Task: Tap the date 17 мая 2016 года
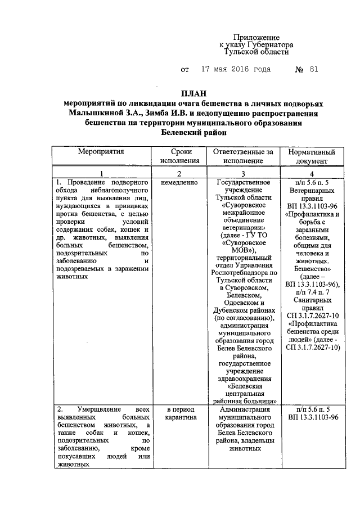(x=235, y=70)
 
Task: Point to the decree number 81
(x=313, y=70)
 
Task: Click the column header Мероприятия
(x=101, y=152)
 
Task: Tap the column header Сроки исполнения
(x=179, y=156)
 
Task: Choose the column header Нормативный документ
(x=312, y=156)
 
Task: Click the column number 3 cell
(x=243, y=173)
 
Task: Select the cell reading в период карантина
(x=180, y=414)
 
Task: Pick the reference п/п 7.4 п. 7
(x=312, y=293)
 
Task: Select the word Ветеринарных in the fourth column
(x=312, y=191)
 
